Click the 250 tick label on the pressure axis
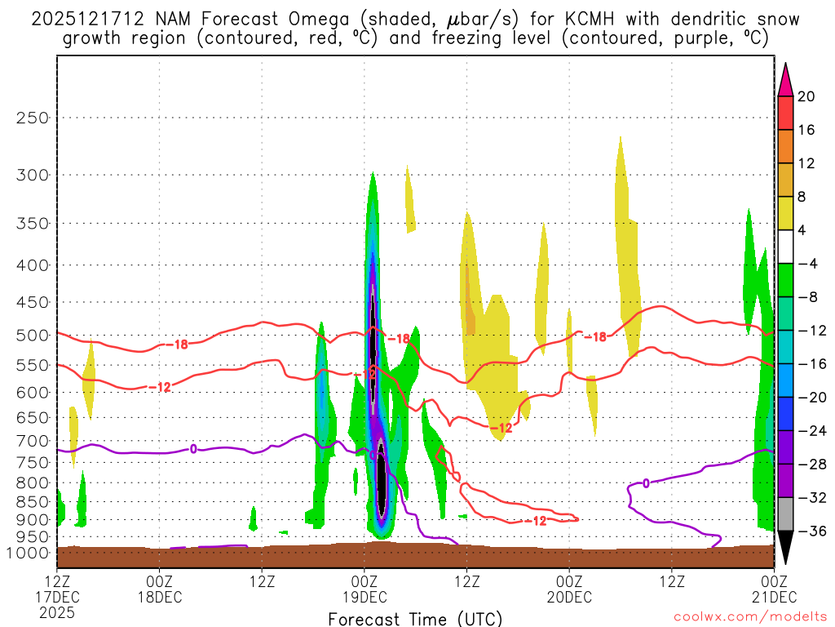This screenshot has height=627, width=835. point(33,118)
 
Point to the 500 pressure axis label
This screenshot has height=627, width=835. point(33,335)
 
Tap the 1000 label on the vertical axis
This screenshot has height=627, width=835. point(29,553)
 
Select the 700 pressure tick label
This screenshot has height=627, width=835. point(33,441)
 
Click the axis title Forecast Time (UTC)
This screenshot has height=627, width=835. point(415,619)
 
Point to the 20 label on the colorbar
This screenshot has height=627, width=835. point(806,96)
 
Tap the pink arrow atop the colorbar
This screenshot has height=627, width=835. point(785,79)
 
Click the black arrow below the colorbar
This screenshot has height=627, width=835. point(785,547)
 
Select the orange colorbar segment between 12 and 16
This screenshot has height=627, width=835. point(785,146)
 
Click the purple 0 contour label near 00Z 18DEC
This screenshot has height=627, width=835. point(193,448)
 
